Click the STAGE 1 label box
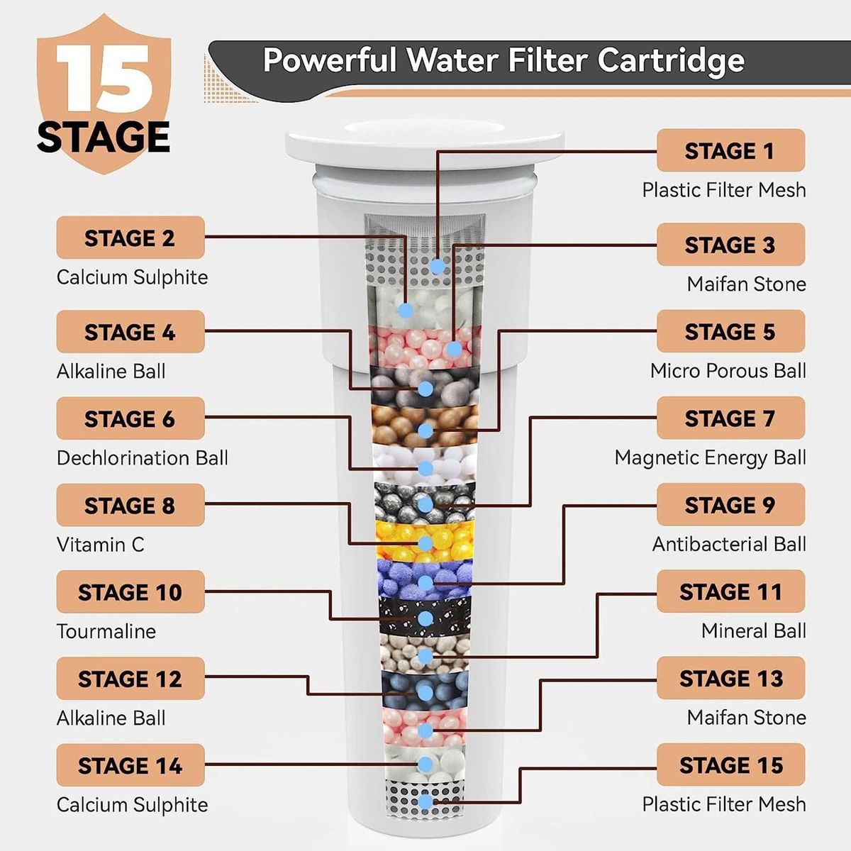tap(730, 150)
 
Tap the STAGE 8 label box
tap(130, 505)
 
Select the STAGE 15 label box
tap(730, 765)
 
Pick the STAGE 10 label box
tap(130, 591)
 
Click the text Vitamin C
tap(101, 545)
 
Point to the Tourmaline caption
tap(106, 632)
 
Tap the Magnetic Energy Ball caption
tap(710, 458)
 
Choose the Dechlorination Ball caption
tap(143, 458)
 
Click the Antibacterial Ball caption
tap(729, 544)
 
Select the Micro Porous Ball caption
tap(728, 371)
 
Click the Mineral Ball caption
tap(754, 630)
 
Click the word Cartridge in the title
tap(672, 60)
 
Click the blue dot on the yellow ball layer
tap(425, 544)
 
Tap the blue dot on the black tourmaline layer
tap(425, 618)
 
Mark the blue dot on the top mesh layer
tap(438, 267)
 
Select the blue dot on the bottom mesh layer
tap(425, 802)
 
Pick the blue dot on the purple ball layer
tap(425, 583)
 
